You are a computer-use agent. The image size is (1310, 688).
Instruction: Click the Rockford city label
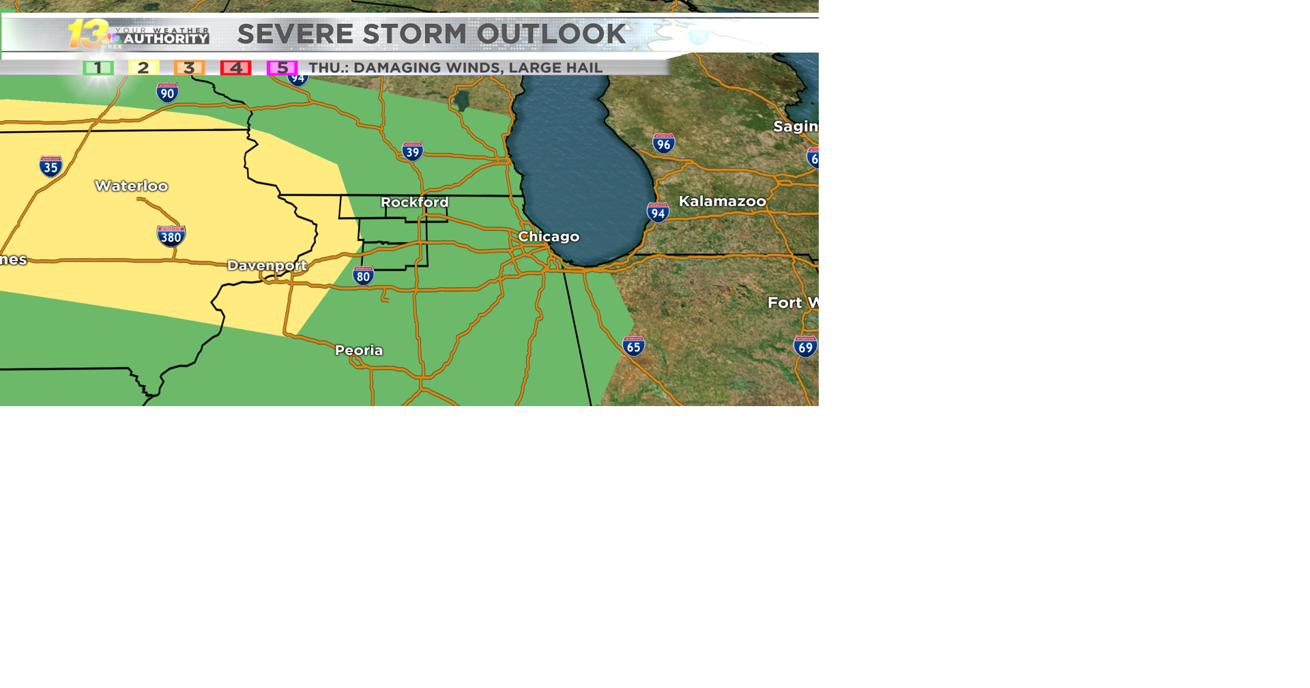click(414, 202)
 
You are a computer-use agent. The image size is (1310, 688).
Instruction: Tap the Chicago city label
click(549, 237)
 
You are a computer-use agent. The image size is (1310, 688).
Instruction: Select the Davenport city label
click(267, 266)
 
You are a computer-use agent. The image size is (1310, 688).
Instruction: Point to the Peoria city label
click(359, 350)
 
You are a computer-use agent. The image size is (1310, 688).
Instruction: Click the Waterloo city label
click(131, 186)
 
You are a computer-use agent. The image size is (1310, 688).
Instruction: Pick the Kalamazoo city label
click(722, 201)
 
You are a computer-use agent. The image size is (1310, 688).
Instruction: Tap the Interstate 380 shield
click(171, 236)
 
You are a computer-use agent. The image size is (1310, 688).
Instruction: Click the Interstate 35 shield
click(50, 167)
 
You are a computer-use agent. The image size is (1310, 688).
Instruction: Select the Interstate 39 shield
click(412, 152)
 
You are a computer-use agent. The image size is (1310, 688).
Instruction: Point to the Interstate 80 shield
click(363, 276)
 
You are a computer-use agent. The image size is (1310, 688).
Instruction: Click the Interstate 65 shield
click(633, 346)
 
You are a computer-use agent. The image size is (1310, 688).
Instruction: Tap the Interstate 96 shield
click(663, 143)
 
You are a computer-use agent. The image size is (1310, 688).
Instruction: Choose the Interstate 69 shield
click(805, 347)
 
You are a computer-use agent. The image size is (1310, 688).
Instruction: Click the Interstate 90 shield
click(167, 93)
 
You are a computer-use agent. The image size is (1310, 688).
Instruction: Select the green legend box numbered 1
click(98, 68)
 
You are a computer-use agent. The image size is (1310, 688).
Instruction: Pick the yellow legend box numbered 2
click(143, 68)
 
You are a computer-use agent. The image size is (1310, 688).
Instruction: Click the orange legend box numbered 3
click(189, 68)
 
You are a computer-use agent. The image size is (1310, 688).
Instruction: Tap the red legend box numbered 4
click(235, 68)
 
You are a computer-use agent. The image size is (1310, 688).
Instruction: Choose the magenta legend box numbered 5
click(282, 68)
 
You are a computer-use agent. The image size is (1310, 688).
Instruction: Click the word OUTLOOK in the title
click(551, 34)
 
